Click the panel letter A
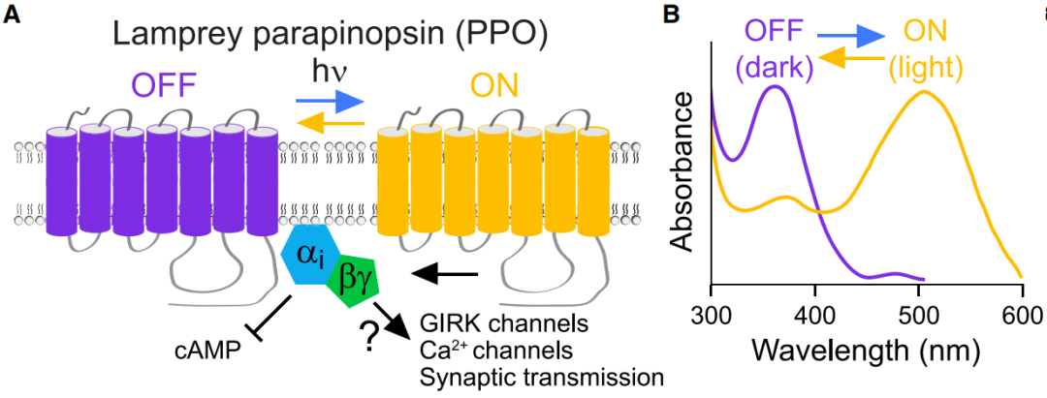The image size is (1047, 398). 14,15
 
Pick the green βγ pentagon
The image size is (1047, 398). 352,280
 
